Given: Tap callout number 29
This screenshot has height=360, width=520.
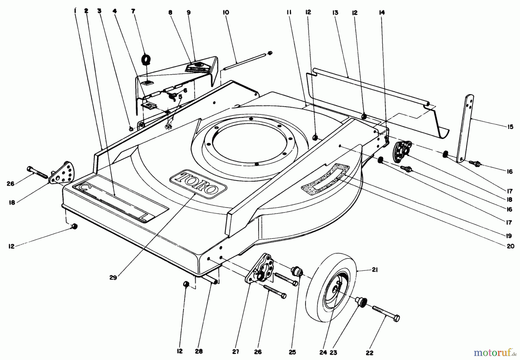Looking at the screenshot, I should [x=113, y=278].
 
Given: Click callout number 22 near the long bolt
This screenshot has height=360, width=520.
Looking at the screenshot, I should [x=369, y=353].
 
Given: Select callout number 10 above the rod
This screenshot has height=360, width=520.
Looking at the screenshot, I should [x=226, y=12].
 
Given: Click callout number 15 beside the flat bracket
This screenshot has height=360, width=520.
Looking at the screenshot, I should [x=510, y=127].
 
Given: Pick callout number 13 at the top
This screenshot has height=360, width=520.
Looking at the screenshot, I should [x=335, y=12].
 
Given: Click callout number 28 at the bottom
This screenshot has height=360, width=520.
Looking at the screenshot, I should [x=199, y=351].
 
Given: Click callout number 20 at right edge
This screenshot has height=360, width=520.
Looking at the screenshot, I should [x=510, y=246].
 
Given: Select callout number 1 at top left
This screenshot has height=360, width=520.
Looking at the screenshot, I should [x=75, y=11].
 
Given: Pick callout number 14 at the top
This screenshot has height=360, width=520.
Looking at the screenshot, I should [x=382, y=12].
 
